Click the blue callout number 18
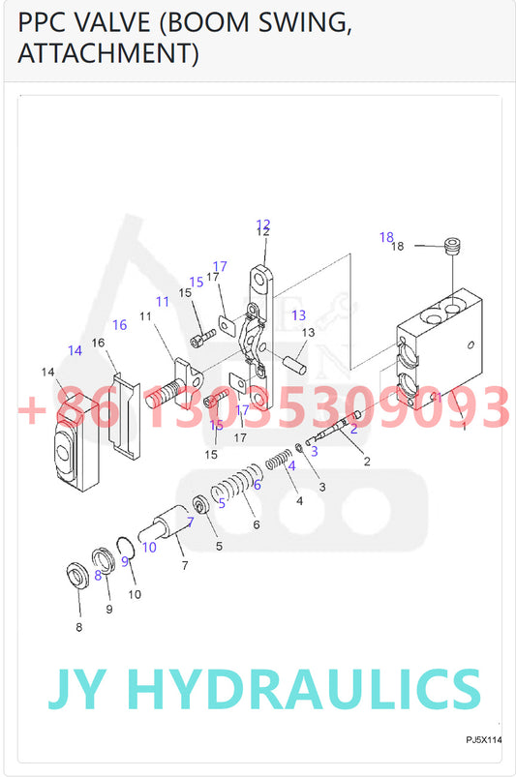tap(386, 237)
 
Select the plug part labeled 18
tap(452, 247)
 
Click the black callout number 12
tap(263, 232)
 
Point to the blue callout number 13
tap(299, 315)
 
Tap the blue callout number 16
tap(119, 324)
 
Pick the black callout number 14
tap(47, 372)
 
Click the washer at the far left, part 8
tap(77, 576)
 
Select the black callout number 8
tap(78, 627)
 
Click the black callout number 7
tap(185, 565)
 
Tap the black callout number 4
tap(299, 501)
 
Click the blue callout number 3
tap(315, 451)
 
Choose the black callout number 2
tap(367, 462)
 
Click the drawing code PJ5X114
tap(484, 740)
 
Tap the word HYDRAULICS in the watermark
tap(303, 689)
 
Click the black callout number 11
tap(145, 316)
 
